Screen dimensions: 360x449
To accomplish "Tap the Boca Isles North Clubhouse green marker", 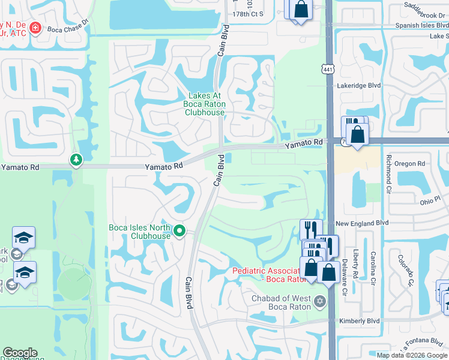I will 178,230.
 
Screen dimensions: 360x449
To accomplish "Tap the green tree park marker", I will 75,160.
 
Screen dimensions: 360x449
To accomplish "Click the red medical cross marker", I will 35,28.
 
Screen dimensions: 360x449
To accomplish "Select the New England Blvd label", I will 362,223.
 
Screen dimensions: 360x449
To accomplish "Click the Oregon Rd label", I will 409,163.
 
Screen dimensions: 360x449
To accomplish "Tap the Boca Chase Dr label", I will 68,28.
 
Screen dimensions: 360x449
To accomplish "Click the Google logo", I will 20,353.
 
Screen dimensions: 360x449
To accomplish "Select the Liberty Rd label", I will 355,264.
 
